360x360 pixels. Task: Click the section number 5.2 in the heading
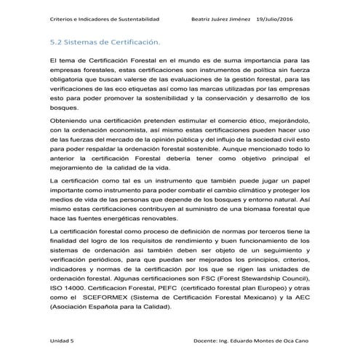click(55, 41)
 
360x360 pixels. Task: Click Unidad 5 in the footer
click(63, 340)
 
